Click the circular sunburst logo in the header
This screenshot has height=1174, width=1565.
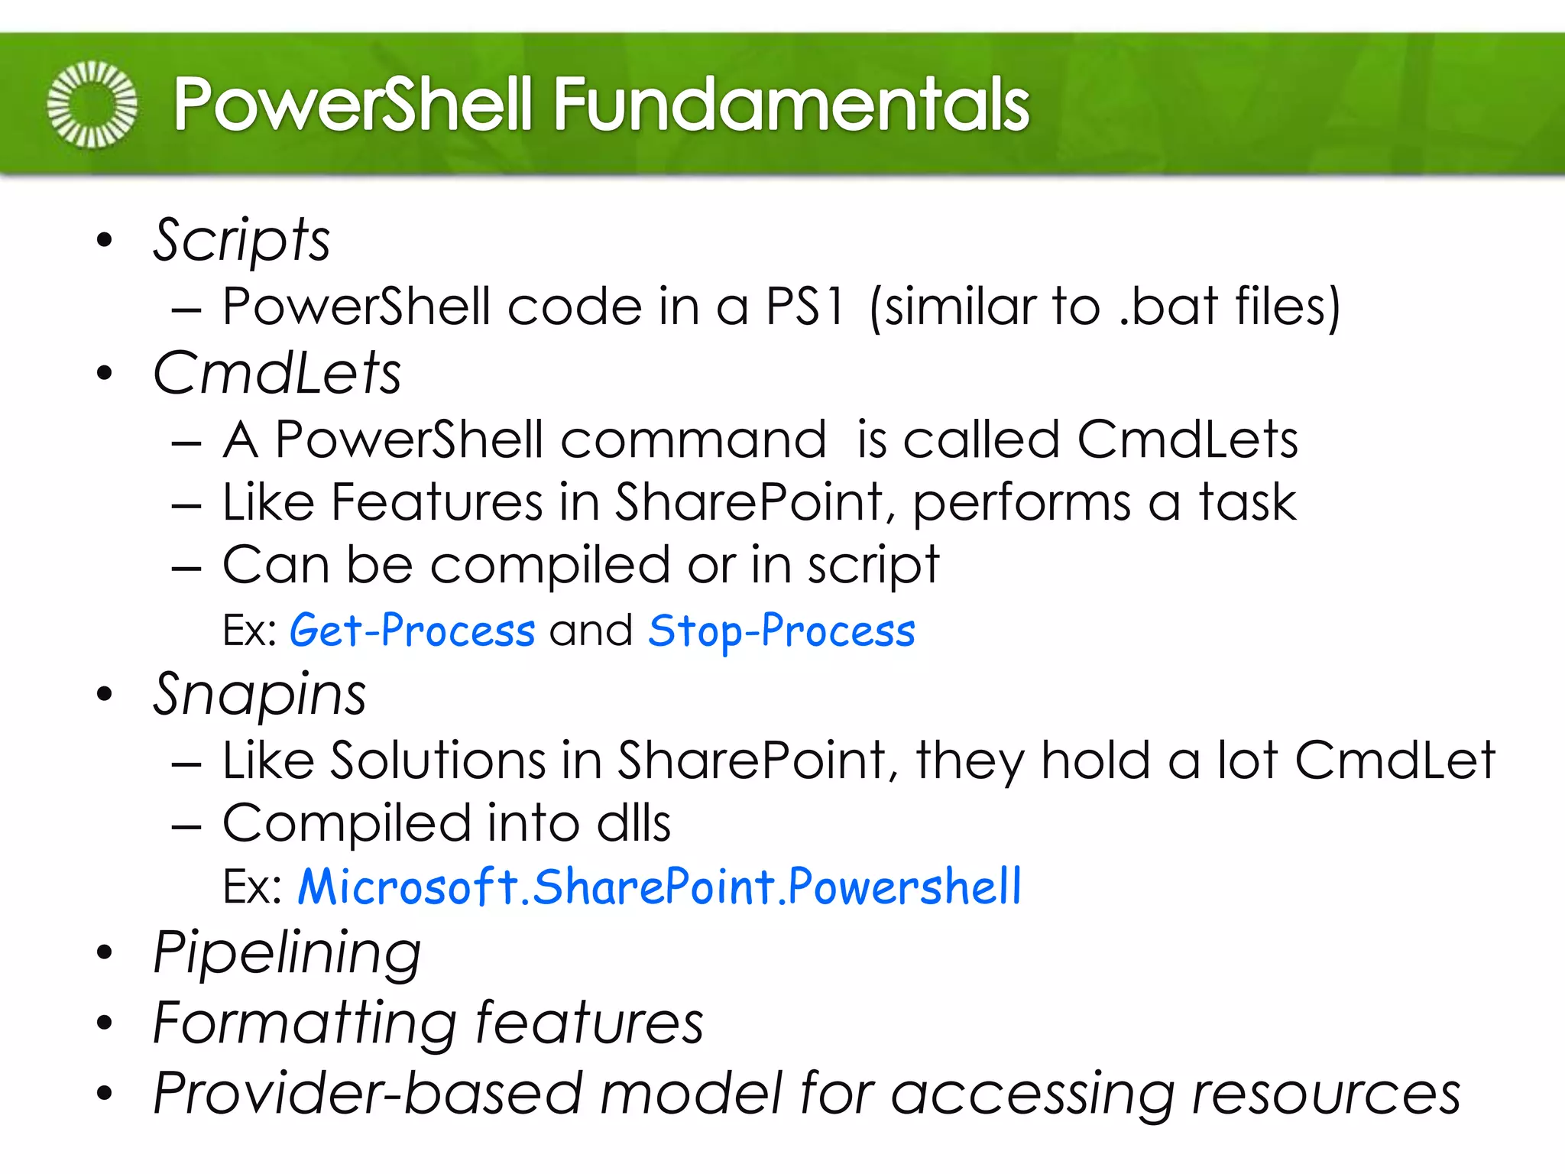tap(92, 104)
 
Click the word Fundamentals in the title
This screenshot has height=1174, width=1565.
tap(791, 105)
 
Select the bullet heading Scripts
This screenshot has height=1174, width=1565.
tap(241, 240)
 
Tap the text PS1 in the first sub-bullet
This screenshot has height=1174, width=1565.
tap(805, 306)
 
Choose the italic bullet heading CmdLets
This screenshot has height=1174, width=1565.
tap(277, 373)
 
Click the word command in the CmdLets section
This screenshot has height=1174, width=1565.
tap(693, 439)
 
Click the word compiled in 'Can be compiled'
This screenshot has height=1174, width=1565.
tap(550, 566)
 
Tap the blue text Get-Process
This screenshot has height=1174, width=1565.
tap(412, 631)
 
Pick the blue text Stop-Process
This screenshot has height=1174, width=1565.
tap(781, 631)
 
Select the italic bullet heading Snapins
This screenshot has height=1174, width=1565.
tap(260, 694)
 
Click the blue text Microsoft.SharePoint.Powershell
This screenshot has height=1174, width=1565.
tap(659, 887)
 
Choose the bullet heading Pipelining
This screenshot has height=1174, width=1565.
tap(287, 952)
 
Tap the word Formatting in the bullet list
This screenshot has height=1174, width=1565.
tap(304, 1023)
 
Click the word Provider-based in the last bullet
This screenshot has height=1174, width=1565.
tap(368, 1093)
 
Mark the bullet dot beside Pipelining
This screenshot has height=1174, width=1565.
tap(105, 952)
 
